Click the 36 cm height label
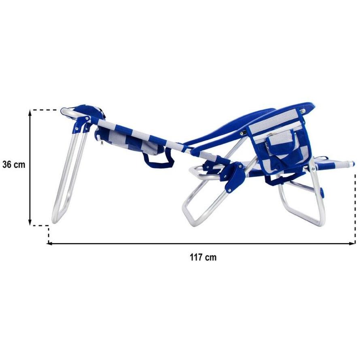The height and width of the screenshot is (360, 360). coord(14,165)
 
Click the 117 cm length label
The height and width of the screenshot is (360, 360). coord(203,257)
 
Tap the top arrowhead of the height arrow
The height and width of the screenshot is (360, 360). coord(30,113)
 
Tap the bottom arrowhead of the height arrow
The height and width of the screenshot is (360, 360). coord(30,222)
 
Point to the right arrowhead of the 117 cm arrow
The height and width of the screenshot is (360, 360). coord(352,244)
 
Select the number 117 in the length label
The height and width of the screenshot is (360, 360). coord(195,257)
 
